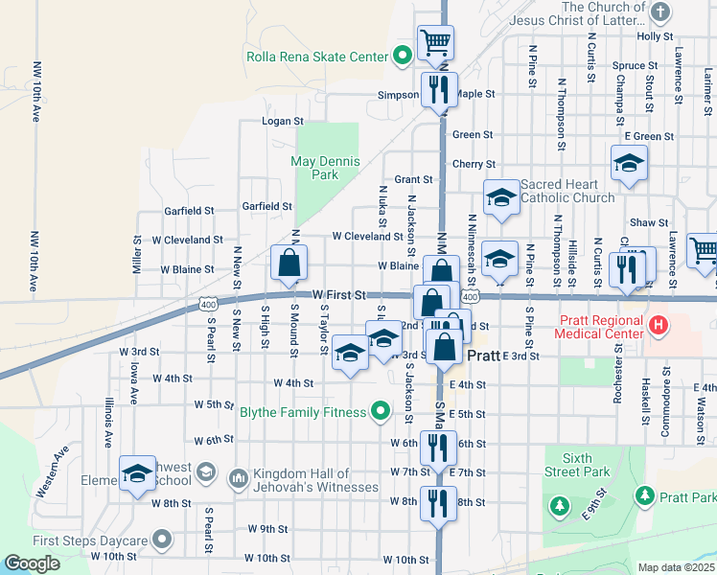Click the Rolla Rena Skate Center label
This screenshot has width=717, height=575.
316,57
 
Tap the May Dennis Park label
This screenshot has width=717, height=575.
315,168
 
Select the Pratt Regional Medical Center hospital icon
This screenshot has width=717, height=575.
658,325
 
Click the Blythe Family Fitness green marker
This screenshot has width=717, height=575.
381,412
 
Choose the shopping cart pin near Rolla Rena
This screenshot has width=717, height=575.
435,41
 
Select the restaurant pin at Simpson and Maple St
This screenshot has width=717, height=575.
439,90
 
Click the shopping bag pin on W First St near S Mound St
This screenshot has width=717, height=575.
289,263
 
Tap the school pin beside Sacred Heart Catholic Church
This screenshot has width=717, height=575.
499,198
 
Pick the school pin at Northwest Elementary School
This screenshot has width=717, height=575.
137,473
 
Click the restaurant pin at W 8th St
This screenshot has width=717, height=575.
438,504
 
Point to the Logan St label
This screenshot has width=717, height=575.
283,122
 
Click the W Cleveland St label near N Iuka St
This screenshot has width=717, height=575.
367,236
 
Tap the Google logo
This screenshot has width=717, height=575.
32,563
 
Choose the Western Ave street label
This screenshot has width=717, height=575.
54,472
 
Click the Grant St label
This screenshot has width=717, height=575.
413,179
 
